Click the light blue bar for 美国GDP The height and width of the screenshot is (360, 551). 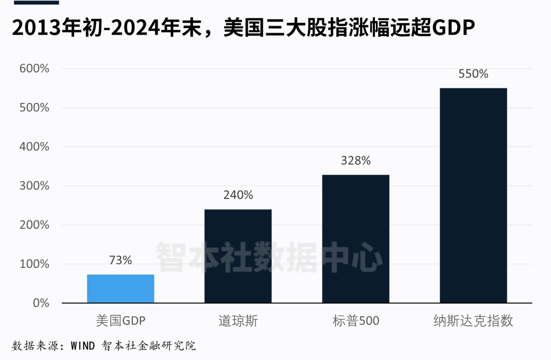tap(120, 289)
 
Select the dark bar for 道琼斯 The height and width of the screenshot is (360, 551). tap(238, 256)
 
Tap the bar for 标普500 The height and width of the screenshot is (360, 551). tap(356, 239)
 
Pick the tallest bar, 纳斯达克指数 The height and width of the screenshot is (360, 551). tap(473, 195)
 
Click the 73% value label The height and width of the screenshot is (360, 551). tap(120, 260)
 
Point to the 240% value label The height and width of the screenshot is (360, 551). tap(238, 195)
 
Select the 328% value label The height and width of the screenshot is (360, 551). tap(356, 161)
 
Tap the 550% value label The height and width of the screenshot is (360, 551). tap(473, 74)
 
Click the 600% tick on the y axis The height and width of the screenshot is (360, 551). tap(34, 68)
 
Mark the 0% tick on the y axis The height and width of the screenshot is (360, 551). tap(41, 303)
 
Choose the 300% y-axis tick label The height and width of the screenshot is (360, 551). tap(34, 186)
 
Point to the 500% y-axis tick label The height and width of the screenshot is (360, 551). tap(34, 108)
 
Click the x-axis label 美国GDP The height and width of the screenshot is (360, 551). tap(120, 321)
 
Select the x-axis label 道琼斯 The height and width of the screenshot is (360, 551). tap(238, 321)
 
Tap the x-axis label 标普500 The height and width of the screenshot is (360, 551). tap(356, 321)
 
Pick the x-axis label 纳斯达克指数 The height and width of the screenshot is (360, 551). tap(473, 321)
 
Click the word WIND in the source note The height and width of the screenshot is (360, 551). tap(83, 346)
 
